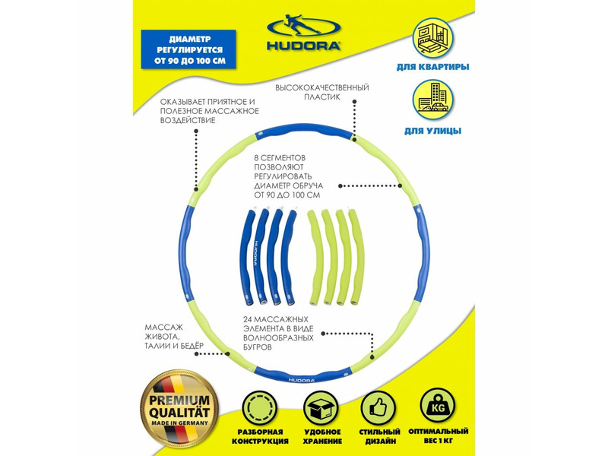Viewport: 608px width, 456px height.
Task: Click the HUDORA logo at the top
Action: (x=303, y=33)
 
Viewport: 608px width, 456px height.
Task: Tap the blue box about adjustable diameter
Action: (x=188, y=49)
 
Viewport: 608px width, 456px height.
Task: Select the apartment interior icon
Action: (x=432, y=39)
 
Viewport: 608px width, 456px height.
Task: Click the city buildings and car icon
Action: (x=432, y=100)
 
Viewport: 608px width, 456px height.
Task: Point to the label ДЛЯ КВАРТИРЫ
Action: (x=432, y=67)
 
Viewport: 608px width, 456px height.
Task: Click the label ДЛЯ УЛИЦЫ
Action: (x=432, y=131)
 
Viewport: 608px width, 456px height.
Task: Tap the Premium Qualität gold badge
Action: (x=179, y=409)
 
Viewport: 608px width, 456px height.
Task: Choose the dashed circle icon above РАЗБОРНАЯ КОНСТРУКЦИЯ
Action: (x=260, y=407)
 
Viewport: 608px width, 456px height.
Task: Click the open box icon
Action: (x=320, y=407)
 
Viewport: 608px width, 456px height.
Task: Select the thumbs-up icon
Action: (x=378, y=407)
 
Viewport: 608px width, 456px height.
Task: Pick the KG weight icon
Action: (x=438, y=406)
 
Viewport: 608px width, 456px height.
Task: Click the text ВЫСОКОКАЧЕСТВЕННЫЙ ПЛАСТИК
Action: (x=321, y=92)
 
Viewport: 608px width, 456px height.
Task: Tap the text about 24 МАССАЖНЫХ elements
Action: (x=278, y=334)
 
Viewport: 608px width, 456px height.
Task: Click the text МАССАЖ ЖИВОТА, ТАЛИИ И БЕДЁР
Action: (x=174, y=337)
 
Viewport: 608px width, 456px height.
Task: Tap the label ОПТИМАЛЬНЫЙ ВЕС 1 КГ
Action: (x=439, y=435)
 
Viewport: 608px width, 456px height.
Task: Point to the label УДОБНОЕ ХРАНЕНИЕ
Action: (x=322, y=436)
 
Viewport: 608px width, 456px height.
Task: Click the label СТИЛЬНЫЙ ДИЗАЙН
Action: (x=379, y=436)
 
